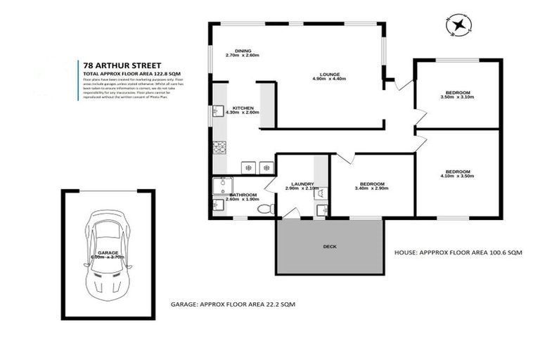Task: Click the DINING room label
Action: [x=243, y=51]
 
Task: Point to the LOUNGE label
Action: [x=330, y=72]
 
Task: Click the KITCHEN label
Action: [x=243, y=108]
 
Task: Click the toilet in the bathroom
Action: [x=264, y=209]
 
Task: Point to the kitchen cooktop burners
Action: [x=217, y=148]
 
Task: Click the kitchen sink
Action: [x=217, y=111]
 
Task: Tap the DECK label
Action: [x=330, y=247]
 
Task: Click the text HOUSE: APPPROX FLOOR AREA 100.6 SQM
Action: [x=458, y=251]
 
